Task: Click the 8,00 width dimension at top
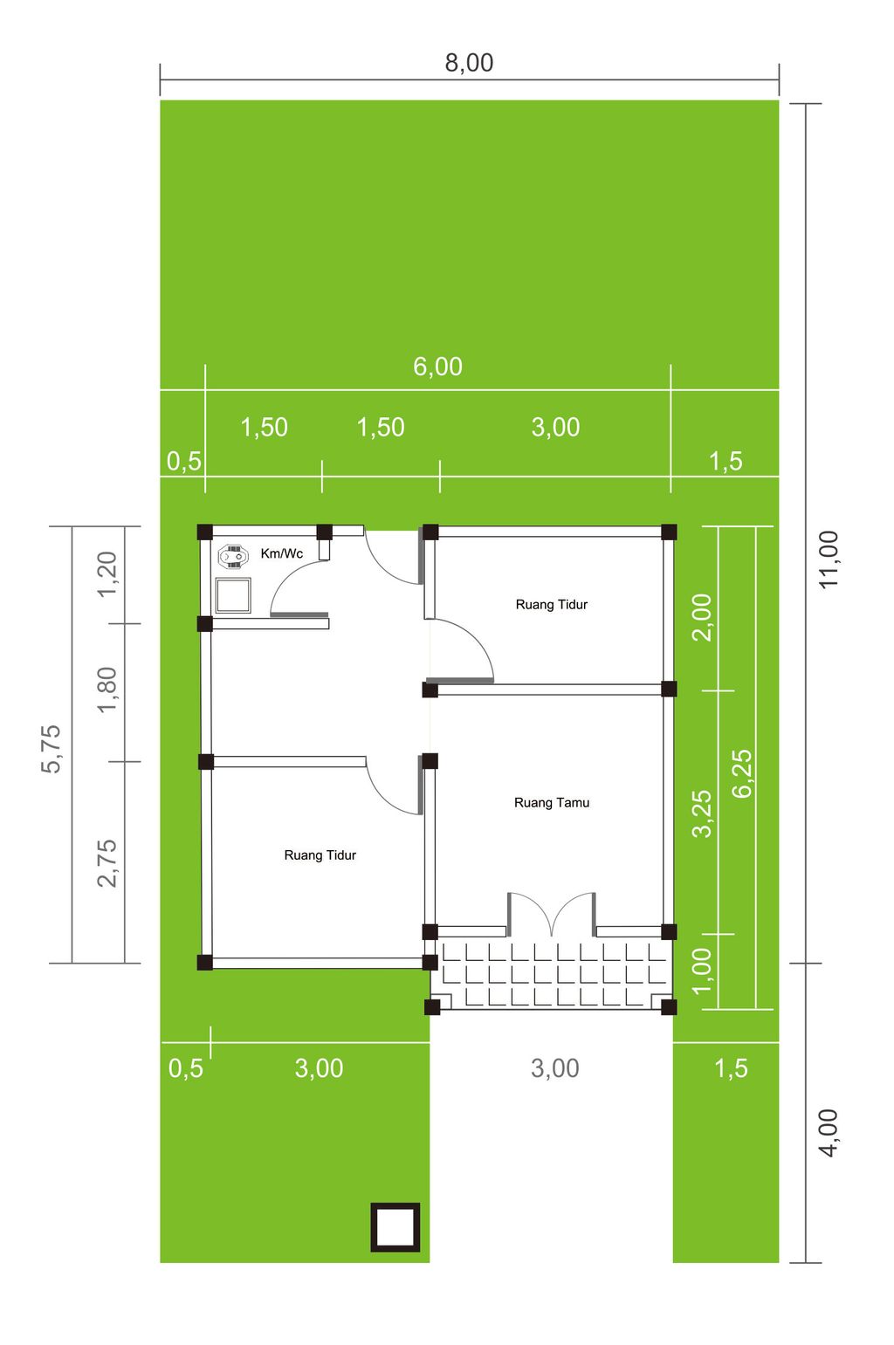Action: tap(469, 63)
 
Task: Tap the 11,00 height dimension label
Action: tap(829, 559)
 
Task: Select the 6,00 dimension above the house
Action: tap(437, 367)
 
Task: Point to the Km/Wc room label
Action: tap(281, 553)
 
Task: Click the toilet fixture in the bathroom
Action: tap(232, 556)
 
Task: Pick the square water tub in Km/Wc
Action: tap(233, 595)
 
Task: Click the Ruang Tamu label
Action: tap(552, 803)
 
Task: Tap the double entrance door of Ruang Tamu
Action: tap(552, 914)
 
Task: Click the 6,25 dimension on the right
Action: tap(742, 773)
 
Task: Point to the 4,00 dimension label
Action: tap(829, 1133)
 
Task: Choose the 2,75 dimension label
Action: tap(107, 863)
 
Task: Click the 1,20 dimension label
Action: tap(107, 574)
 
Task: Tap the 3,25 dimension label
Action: tap(702, 813)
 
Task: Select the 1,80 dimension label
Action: tap(107, 690)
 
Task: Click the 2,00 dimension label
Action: tap(702, 617)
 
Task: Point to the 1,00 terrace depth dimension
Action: tap(702, 971)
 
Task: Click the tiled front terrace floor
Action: tap(552, 972)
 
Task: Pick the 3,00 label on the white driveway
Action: tap(554, 1068)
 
